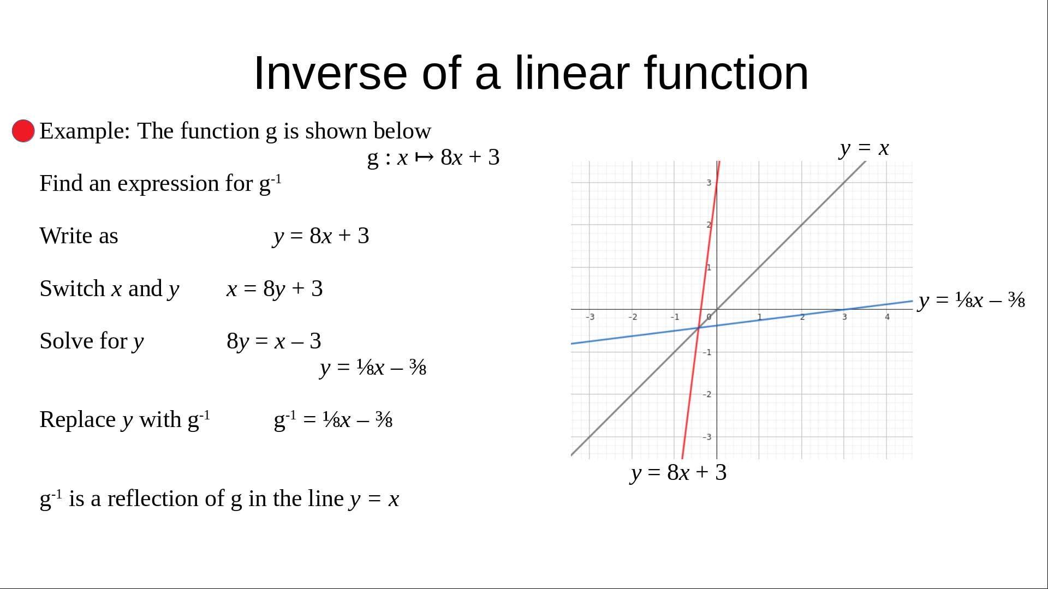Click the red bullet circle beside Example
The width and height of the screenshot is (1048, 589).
point(23,131)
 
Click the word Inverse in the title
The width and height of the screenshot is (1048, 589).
point(330,73)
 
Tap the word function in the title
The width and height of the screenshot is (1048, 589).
point(726,73)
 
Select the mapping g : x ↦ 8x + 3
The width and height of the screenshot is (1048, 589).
point(433,158)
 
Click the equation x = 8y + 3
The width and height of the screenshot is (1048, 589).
point(275,289)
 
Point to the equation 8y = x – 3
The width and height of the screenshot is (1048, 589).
point(274,341)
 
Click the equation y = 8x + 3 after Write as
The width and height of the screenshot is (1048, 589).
point(321,236)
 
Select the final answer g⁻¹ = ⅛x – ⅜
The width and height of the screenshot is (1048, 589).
point(333,420)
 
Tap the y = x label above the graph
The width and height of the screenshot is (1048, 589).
point(865,148)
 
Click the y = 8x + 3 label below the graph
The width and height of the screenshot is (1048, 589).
point(678,473)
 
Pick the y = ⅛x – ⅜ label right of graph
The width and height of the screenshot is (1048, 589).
point(972,300)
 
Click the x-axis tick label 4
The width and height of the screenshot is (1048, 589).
point(887,317)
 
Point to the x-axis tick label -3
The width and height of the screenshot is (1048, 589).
point(590,317)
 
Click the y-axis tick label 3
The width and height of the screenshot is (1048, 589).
point(709,183)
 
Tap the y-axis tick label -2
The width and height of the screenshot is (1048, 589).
point(707,394)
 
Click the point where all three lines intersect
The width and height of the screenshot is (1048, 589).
point(699,327)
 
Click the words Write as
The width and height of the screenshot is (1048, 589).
point(79,236)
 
